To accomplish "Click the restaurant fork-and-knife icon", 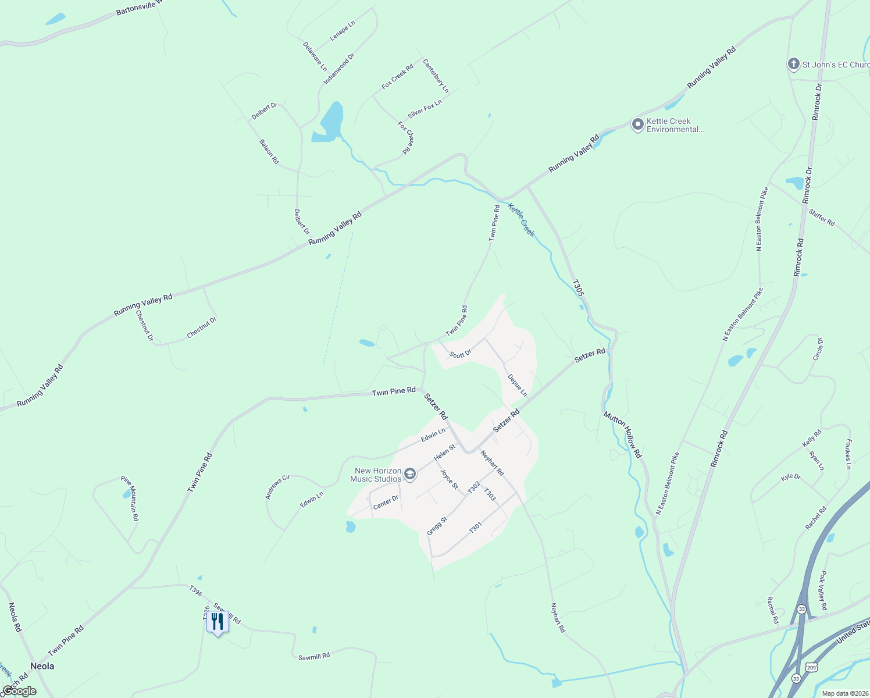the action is point(217,622).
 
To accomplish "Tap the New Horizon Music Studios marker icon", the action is point(410,475).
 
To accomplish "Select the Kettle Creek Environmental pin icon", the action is point(638,124).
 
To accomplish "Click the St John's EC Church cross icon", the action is point(794,64).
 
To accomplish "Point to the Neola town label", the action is point(42,666).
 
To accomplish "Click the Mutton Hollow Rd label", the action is point(622,435).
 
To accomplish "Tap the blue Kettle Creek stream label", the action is point(521,219).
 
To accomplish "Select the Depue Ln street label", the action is point(517,385).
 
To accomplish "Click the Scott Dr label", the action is point(460,354).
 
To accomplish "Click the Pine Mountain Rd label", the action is point(130,498).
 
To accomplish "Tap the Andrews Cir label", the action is point(277,487).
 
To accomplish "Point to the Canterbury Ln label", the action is point(436,76).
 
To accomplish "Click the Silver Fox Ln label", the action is point(425,109).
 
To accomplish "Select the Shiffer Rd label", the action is point(822,218).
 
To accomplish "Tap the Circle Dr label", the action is point(818,349).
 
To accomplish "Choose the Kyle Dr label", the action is point(791,478).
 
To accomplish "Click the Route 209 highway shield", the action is point(812,667).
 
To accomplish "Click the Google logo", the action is point(19,691).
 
